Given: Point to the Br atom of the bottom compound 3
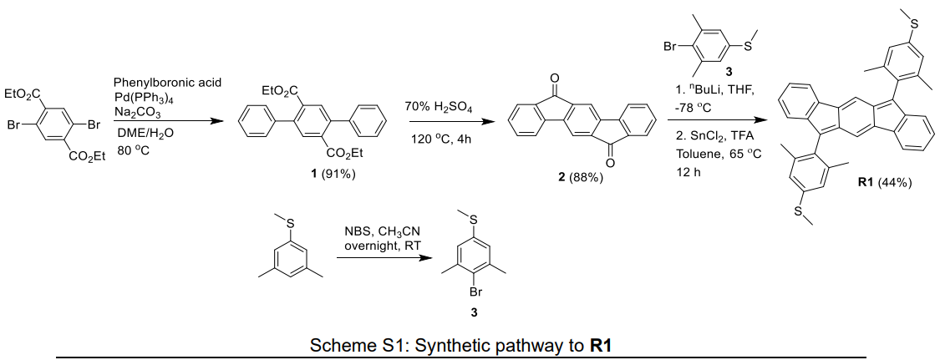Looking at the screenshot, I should click(x=472, y=293).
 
